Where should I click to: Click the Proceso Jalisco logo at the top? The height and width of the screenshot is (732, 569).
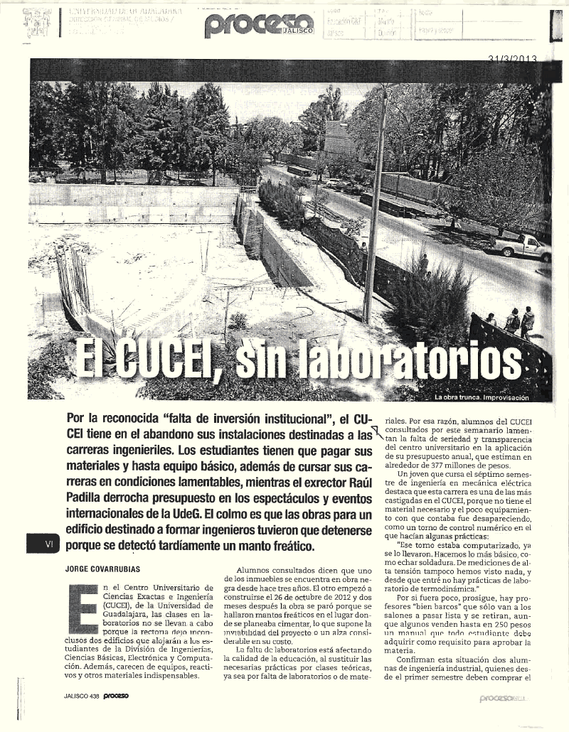pos(258,26)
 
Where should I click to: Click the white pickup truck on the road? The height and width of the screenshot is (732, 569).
pos(522,247)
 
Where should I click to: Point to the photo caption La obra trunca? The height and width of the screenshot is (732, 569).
pos(462,397)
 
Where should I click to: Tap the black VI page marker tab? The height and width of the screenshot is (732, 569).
pos(48,544)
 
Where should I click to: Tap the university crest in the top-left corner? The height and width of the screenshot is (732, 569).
pos(36,23)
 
